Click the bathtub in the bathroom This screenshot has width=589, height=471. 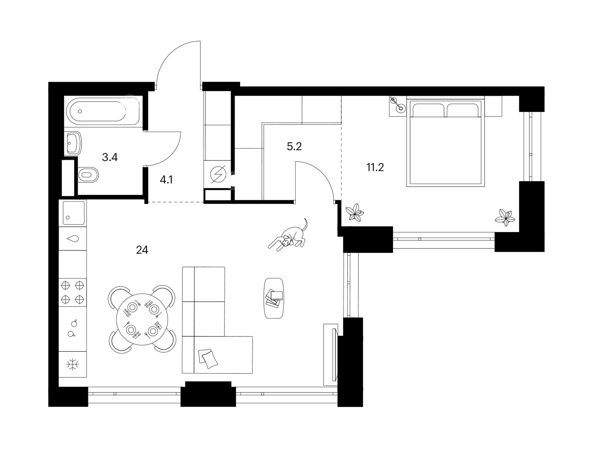click(x=103, y=111)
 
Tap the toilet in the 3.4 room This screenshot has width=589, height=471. click(x=88, y=175)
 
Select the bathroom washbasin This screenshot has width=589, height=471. click(x=73, y=143)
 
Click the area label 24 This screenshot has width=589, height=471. click(x=142, y=250)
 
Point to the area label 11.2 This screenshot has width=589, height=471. click(x=375, y=167)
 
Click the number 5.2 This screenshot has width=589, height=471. click(x=294, y=146)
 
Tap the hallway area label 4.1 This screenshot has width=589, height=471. click(x=166, y=180)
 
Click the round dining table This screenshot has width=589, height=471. click(x=142, y=319)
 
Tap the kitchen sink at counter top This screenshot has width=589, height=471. click(x=74, y=213)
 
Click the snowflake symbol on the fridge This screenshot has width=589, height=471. click(x=72, y=364)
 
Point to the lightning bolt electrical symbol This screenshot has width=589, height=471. click(x=218, y=174)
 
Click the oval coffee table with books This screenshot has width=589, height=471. click(x=274, y=298)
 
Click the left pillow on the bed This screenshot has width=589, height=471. click(x=428, y=110)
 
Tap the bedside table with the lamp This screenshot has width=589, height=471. click(x=397, y=106)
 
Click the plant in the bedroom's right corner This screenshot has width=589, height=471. click(x=505, y=218)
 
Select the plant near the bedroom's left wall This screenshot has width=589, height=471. click(x=355, y=213)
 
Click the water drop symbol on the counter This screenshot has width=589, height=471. click(x=73, y=239)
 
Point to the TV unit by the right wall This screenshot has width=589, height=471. click(x=331, y=355)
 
